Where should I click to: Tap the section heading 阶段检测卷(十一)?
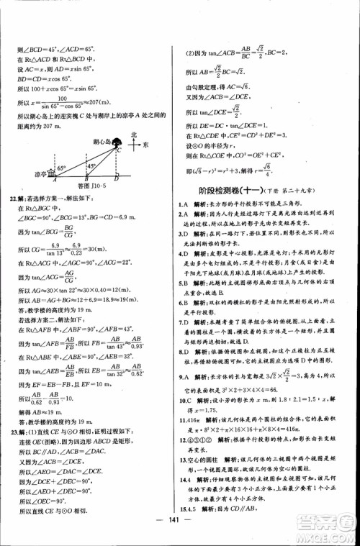[226, 191]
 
